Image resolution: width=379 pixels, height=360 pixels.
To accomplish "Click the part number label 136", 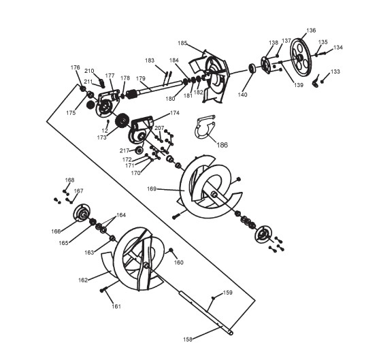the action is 311,31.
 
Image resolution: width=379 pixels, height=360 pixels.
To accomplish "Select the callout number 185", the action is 182,43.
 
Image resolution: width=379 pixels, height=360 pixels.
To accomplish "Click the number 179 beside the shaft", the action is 141,78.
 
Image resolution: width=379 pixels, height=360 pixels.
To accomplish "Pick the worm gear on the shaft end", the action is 132,94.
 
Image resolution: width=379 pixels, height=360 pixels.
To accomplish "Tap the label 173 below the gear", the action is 101,137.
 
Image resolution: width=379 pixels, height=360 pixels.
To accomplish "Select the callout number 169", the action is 152,189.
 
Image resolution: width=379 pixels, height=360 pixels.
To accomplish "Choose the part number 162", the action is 82,280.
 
